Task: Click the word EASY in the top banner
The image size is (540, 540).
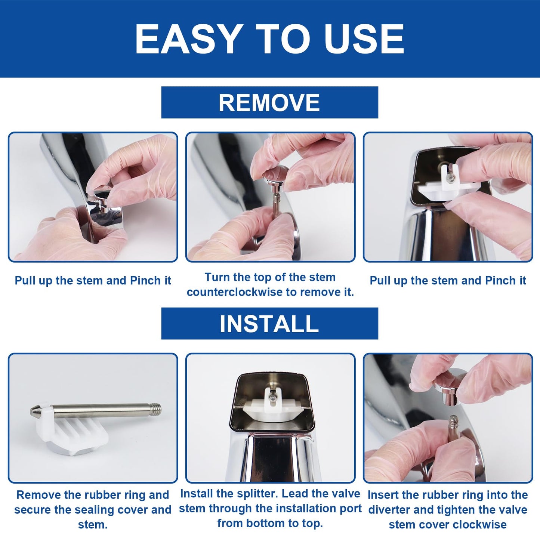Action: [x=187, y=39]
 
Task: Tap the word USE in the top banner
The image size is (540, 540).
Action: [x=364, y=39]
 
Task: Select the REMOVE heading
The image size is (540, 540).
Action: [x=269, y=102]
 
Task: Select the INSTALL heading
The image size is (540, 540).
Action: [x=269, y=324]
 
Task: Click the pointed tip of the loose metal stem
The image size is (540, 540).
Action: [x=33, y=412]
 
